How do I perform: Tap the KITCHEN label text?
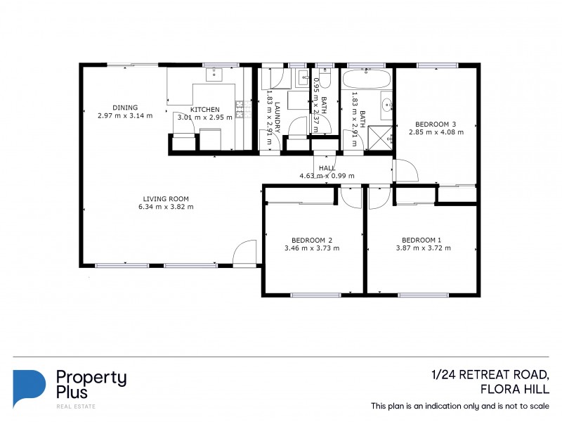[204, 109]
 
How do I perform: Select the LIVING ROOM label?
[166, 198]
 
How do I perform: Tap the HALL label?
[327, 167]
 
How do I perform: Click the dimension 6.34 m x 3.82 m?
[166, 207]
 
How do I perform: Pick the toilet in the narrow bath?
[303, 78]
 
